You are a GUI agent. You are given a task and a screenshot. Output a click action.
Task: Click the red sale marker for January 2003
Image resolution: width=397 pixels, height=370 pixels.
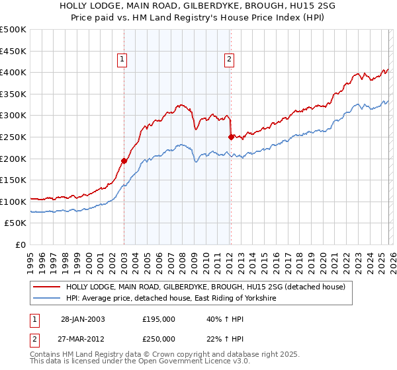[x=124, y=161]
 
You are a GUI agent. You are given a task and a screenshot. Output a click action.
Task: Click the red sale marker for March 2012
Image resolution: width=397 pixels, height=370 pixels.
[x=231, y=137]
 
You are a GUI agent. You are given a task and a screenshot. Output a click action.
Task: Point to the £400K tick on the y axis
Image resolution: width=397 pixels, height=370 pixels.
[x=14, y=73]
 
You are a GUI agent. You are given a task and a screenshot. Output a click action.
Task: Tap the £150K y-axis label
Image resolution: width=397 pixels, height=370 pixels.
[x=14, y=180]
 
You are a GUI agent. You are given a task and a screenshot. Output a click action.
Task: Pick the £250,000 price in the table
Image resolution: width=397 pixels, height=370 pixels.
[x=159, y=338]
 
